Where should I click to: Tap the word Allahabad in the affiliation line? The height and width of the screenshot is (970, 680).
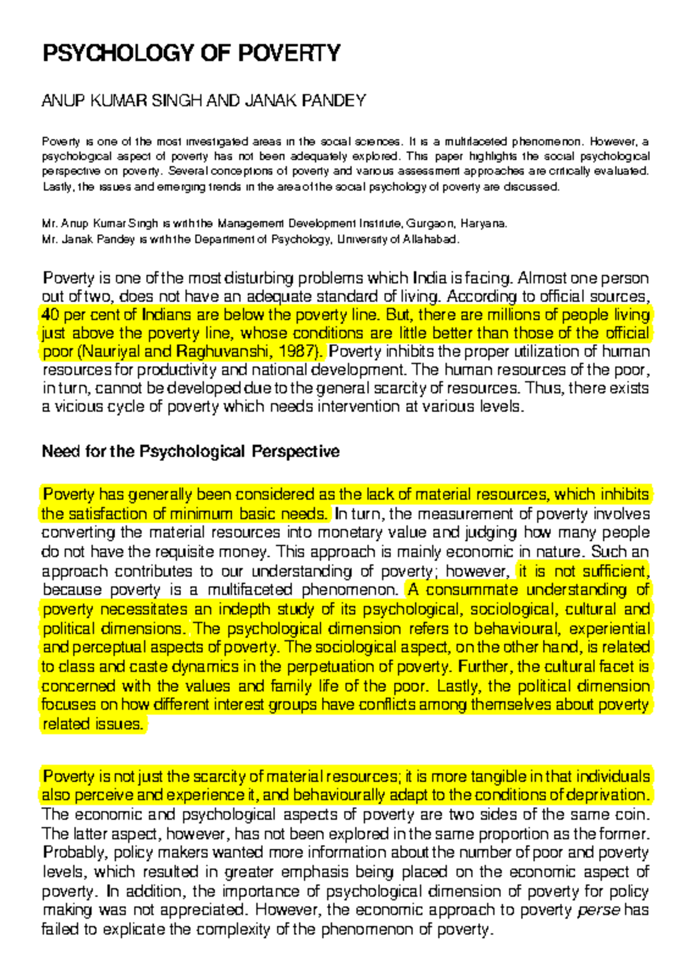(x=430, y=239)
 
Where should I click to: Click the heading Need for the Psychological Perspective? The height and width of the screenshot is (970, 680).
(x=190, y=451)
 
